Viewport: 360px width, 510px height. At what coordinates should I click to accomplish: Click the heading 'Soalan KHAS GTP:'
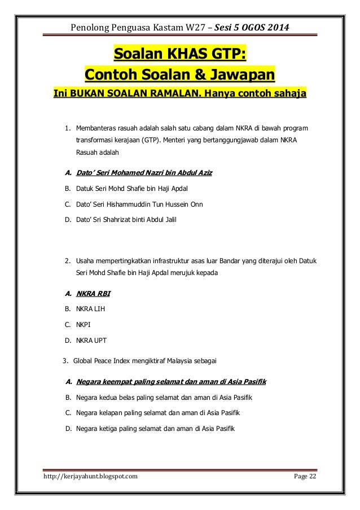coord(180,54)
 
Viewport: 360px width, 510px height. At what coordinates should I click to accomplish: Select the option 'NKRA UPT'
coord(91,341)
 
